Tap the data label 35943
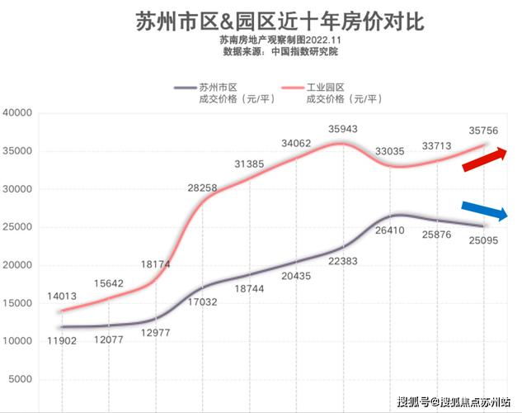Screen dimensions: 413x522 tap(342, 129)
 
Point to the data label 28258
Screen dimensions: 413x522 tap(202, 188)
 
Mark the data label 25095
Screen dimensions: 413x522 tap(483, 241)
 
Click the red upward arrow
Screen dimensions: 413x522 tap(485, 159)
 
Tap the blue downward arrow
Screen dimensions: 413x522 tap(485, 211)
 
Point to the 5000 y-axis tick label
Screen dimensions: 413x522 tap(19, 379)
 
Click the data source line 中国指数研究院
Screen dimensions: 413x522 tap(280, 51)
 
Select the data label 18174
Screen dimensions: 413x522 tap(153, 265)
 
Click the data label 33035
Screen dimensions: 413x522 tap(391, 152)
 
